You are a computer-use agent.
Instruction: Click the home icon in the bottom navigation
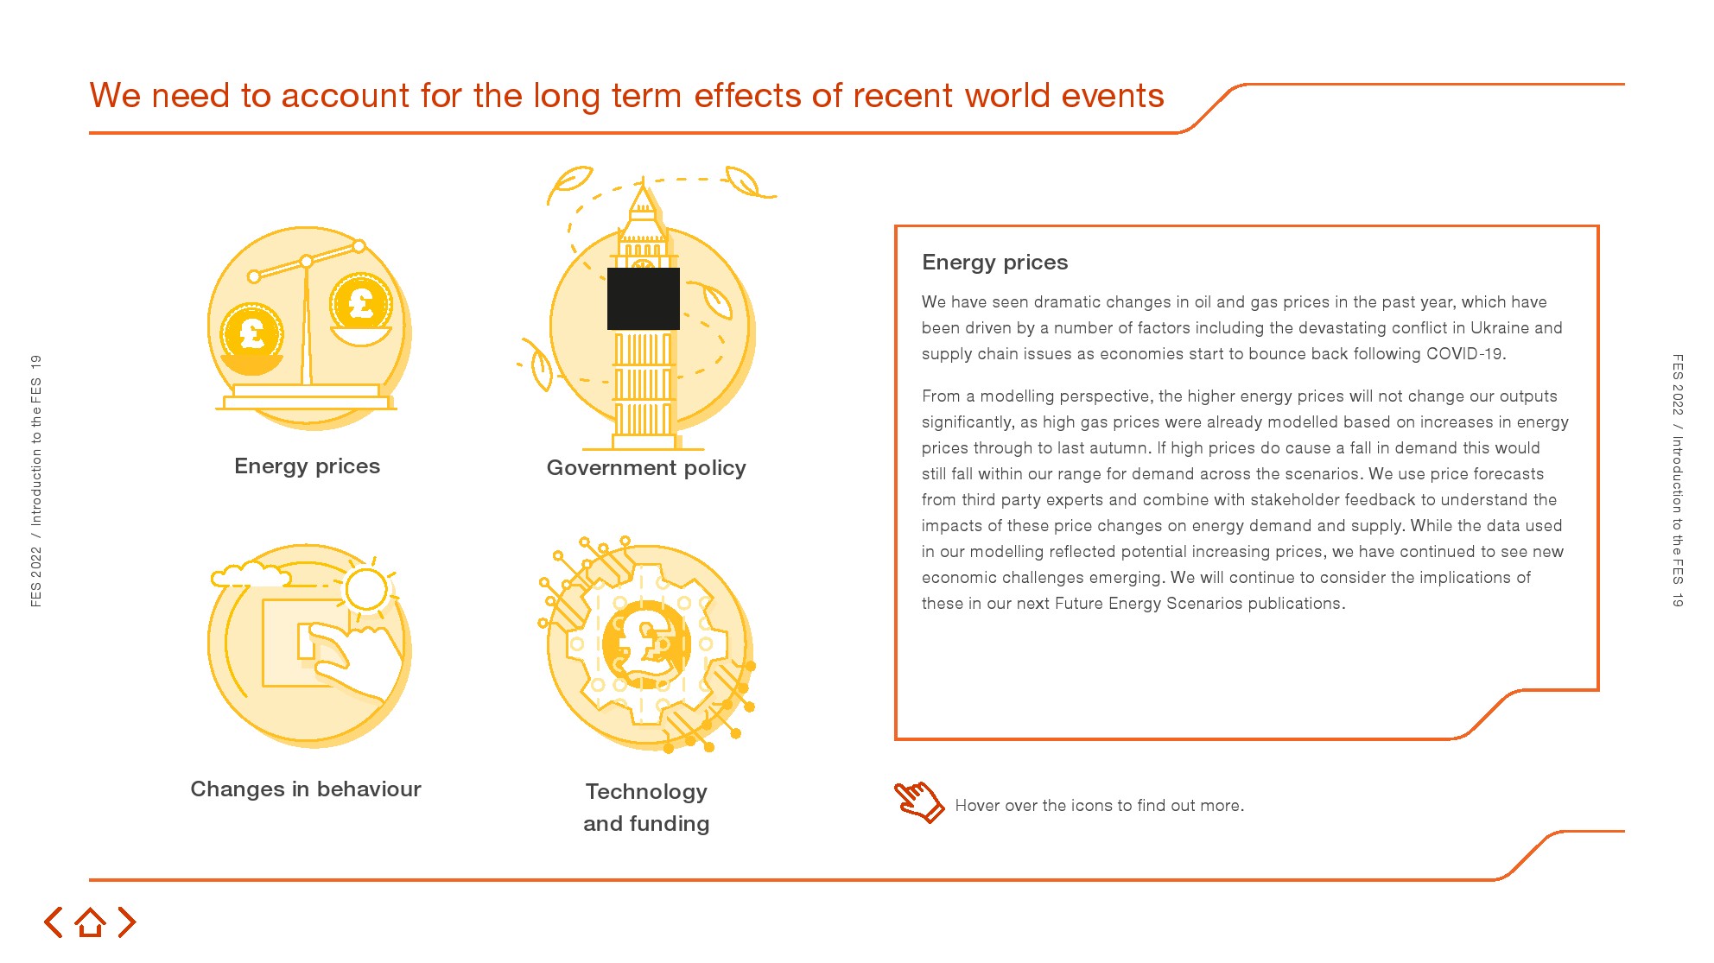click(x=90, y=922)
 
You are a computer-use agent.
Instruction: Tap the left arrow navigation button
click(x=54, y=922)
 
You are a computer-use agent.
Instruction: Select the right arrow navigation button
click(x=127, y=922)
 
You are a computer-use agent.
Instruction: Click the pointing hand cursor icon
click(x=918, y=801)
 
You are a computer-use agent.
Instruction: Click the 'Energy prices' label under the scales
click(x=307, y=466)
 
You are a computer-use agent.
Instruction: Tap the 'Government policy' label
click(x=646, y=468)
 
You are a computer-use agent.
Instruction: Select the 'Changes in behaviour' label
click(x=306, y=789)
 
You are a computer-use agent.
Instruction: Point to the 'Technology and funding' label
click(x=646, y=808)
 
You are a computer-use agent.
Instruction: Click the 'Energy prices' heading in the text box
click(x=994, y=263)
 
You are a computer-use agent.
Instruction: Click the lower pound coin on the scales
click(x=251, y=333)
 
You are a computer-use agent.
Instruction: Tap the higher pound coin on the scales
click(x=361, y=302)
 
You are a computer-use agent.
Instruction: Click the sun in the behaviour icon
click(x=365, y=590)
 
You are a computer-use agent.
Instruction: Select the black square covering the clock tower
click(x=644, y=299)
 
